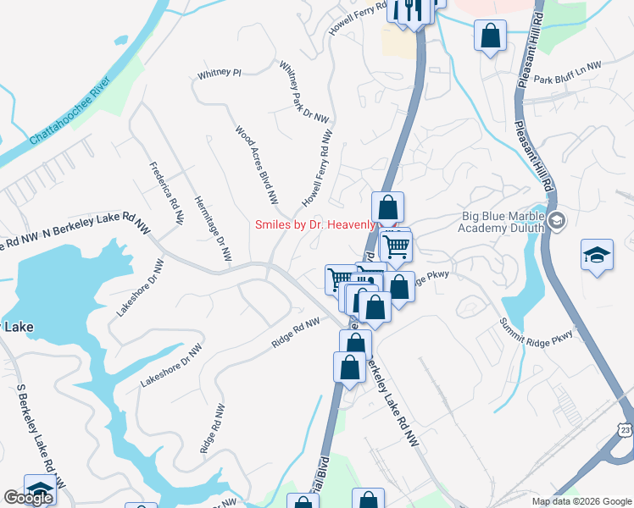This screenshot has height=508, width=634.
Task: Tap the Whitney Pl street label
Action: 220,74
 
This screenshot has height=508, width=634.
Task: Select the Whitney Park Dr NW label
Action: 303,92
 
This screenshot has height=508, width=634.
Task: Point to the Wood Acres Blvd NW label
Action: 256,166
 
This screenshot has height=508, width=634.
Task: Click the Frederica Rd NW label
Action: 166,193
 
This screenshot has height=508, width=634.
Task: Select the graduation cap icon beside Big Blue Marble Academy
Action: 557,222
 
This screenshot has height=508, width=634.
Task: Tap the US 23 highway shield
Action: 625,430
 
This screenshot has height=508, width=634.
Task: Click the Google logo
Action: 28,498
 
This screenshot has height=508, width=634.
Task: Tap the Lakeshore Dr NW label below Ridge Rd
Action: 171,366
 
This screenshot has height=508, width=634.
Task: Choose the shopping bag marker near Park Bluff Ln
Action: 491,36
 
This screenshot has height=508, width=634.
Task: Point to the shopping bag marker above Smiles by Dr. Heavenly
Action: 387,206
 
